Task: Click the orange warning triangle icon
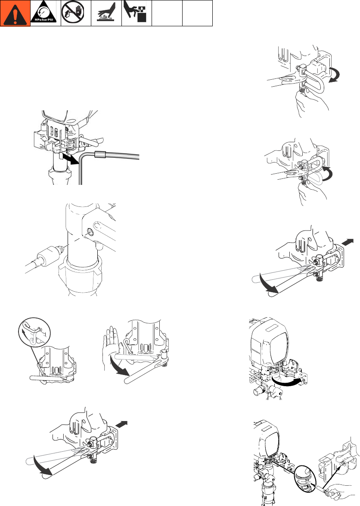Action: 15,13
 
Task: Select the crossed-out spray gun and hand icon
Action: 76,13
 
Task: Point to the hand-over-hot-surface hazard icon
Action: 106,13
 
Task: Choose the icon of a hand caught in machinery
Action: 137,13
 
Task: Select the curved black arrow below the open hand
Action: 120,366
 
